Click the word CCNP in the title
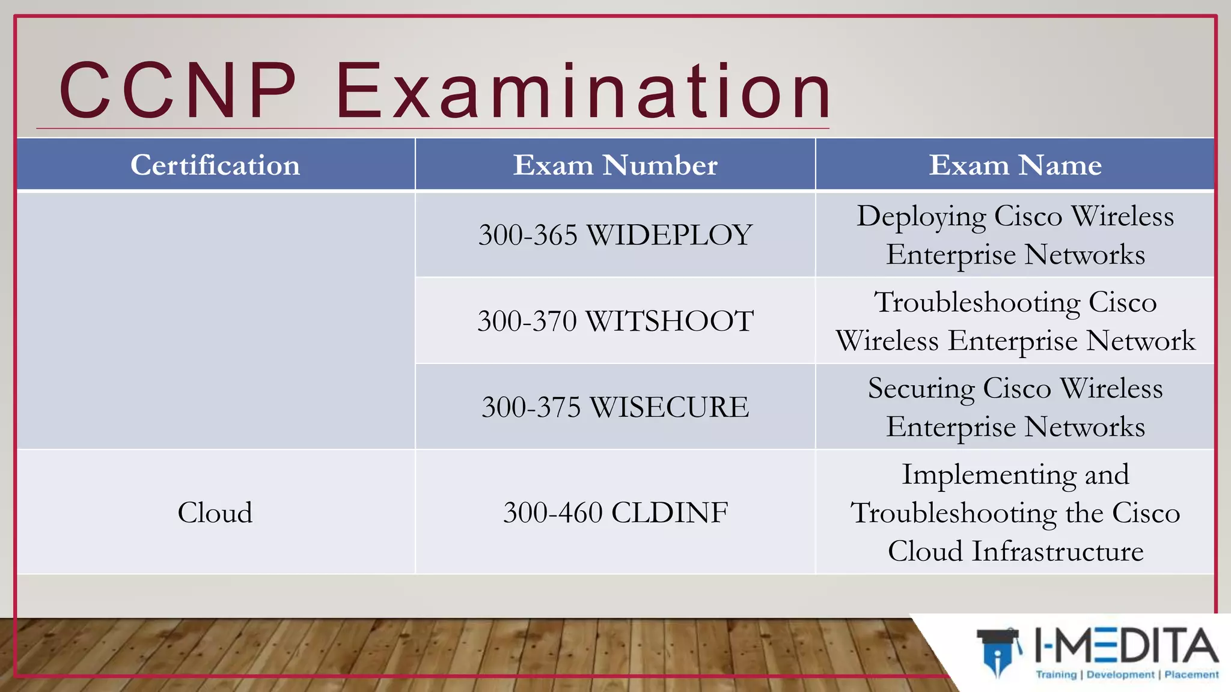point(178,91)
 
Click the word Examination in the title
point(583,91)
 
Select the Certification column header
point(215,165)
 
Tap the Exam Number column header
point(615,165)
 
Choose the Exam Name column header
point(1015,165)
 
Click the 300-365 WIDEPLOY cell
point(615,235)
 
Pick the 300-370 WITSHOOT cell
point(615,321)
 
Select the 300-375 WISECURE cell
point(615,407)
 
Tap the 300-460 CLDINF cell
point(615,513)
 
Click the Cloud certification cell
point(215,513)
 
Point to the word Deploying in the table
point(921,217)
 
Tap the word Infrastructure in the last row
point(1058,551)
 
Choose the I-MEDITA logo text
point(1126,646)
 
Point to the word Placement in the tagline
point(1191,675)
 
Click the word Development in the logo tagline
point(1120,675)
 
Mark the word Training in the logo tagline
point(1056,675)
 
